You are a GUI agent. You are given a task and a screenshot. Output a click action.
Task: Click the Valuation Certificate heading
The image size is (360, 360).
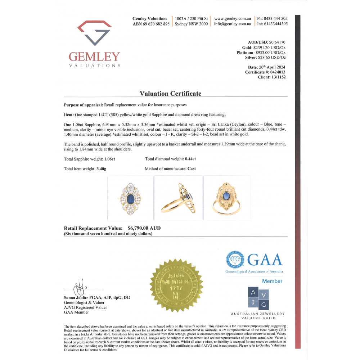170,94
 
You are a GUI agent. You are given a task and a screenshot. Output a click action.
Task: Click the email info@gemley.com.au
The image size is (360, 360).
232,24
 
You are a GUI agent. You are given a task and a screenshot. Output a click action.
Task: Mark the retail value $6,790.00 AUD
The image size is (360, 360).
144,228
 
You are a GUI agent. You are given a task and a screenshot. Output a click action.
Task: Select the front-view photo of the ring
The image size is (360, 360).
131,198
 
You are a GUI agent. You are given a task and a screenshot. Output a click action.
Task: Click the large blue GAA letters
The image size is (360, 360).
265,259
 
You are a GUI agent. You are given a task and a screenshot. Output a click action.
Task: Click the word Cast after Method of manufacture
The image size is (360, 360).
192,168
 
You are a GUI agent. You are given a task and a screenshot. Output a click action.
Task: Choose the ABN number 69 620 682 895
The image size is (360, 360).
157,24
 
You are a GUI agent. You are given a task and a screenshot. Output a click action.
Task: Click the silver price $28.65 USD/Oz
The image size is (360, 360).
272,57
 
